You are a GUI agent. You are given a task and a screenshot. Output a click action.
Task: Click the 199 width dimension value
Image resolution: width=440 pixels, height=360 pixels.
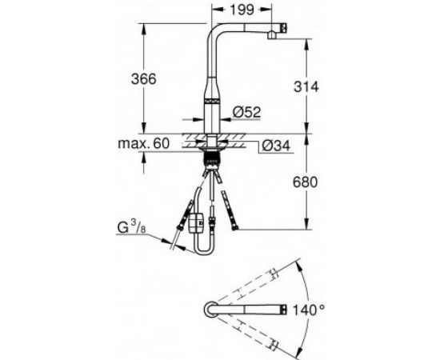(242, 10)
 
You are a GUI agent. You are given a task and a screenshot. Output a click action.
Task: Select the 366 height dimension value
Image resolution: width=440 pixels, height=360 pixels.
(144, 79)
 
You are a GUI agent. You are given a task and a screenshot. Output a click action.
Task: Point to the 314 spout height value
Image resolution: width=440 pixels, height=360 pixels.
(306, 86)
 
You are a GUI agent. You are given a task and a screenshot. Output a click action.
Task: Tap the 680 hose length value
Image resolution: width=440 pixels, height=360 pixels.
(306, 182)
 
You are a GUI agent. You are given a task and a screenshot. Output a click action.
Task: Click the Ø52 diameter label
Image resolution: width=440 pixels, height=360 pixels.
(246, 112)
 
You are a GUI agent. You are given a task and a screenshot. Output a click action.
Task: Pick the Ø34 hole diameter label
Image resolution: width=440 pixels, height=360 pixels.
(275, 146)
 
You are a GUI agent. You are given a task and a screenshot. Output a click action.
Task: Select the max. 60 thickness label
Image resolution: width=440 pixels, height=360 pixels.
(143, 143)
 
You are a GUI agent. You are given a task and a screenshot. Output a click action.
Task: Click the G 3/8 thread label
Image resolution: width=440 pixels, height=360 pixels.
(131, 227)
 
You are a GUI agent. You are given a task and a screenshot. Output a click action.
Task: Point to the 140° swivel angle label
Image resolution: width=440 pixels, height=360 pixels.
(309, 310)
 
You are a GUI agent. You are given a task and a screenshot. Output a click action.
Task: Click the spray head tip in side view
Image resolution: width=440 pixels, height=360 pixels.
(283, 28)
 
